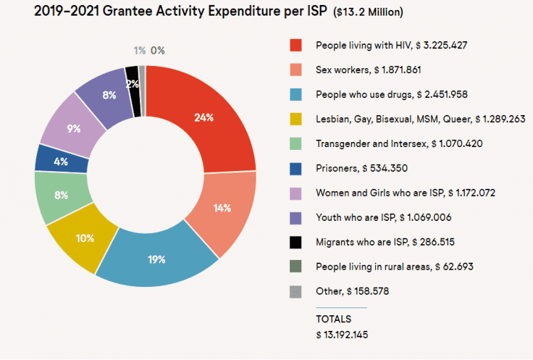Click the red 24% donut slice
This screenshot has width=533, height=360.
(x=205, y=117)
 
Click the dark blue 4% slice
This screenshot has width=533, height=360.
(x=61, y=160)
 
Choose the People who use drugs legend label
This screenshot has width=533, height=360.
(x=391, y=94)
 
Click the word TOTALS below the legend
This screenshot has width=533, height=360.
(x=334, y=320)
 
